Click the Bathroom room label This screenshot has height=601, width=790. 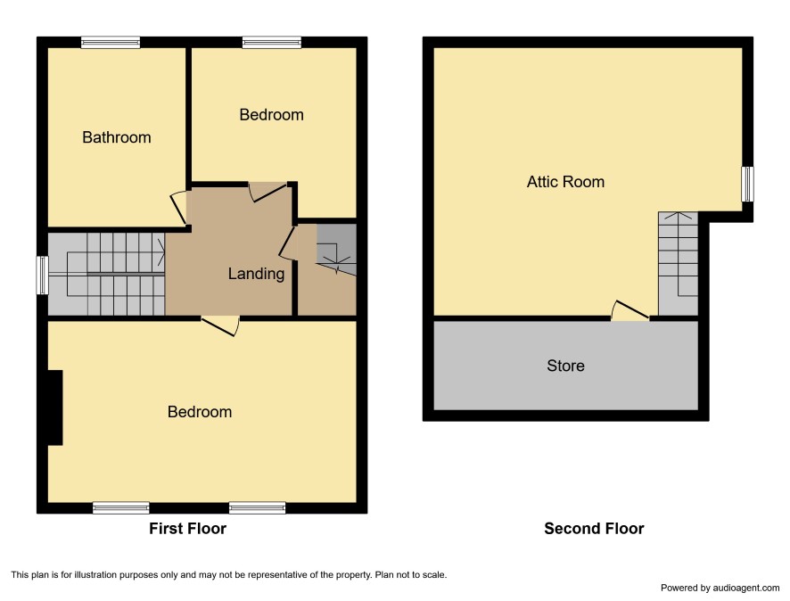[117, 137]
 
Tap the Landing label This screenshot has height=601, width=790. [256, 274]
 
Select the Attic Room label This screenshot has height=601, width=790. [565, 182]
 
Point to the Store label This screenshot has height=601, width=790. [565, 366]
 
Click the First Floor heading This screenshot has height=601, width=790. [187, 529]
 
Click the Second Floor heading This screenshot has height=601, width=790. [594, 529]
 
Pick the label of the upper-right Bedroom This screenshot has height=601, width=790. [271, 115]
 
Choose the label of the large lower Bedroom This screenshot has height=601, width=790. [200, 412]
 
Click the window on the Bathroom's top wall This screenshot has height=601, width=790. [111, 42]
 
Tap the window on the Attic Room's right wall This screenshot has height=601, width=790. [748, 184]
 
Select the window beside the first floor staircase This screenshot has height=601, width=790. [43, 275]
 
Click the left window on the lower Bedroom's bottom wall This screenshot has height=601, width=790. [121, 507]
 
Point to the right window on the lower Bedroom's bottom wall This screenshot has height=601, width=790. [257, 507]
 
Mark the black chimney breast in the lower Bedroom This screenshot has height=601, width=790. [55, 408]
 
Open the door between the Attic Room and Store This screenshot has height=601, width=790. [630, 311]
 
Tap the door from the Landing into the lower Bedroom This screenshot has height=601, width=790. [220, 326]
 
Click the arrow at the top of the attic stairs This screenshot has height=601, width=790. [679, 217]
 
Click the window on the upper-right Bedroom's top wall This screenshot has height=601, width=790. [272, 42]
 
